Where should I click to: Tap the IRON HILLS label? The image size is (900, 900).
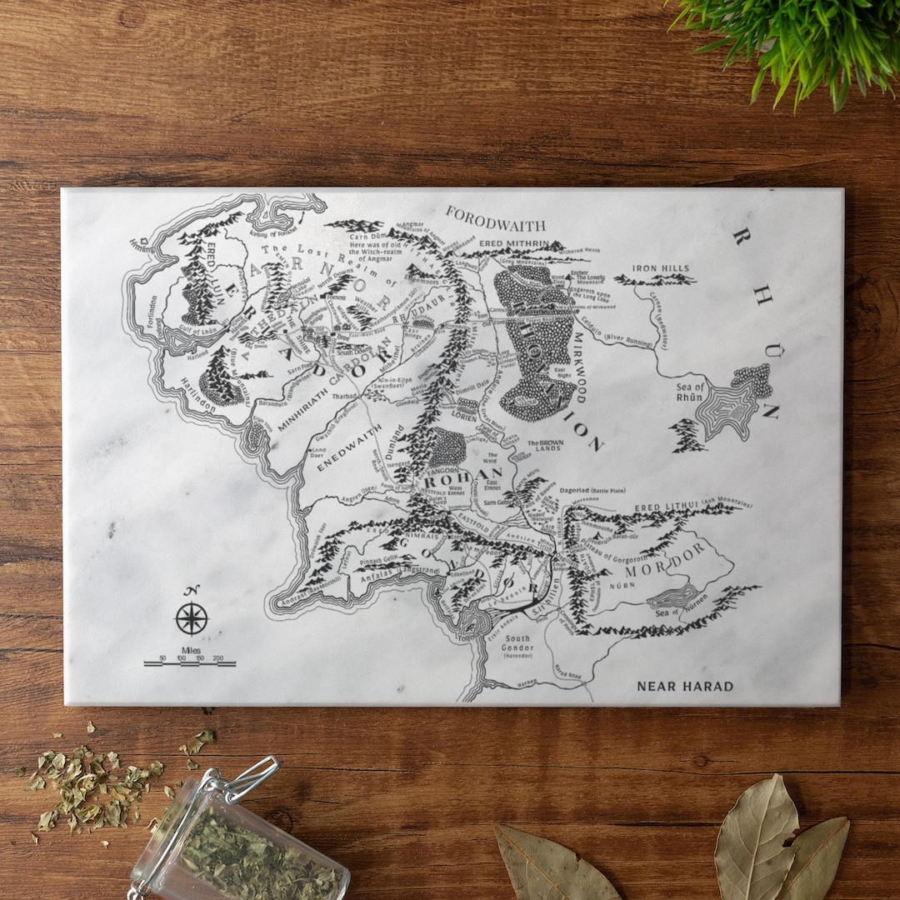pos(661,268)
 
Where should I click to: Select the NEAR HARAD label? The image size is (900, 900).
pos(685,687)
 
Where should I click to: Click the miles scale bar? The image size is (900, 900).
pos(189,663)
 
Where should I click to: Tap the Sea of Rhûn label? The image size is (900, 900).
pos(691,391)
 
